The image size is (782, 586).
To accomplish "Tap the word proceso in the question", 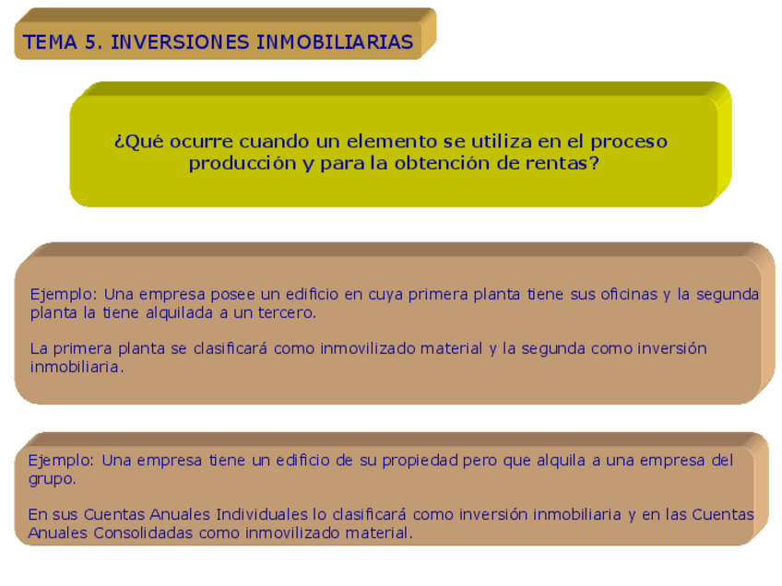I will click(629, 142).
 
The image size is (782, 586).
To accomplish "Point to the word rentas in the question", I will click(549, 163).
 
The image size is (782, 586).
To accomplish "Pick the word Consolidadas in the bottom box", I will click(144, 533).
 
